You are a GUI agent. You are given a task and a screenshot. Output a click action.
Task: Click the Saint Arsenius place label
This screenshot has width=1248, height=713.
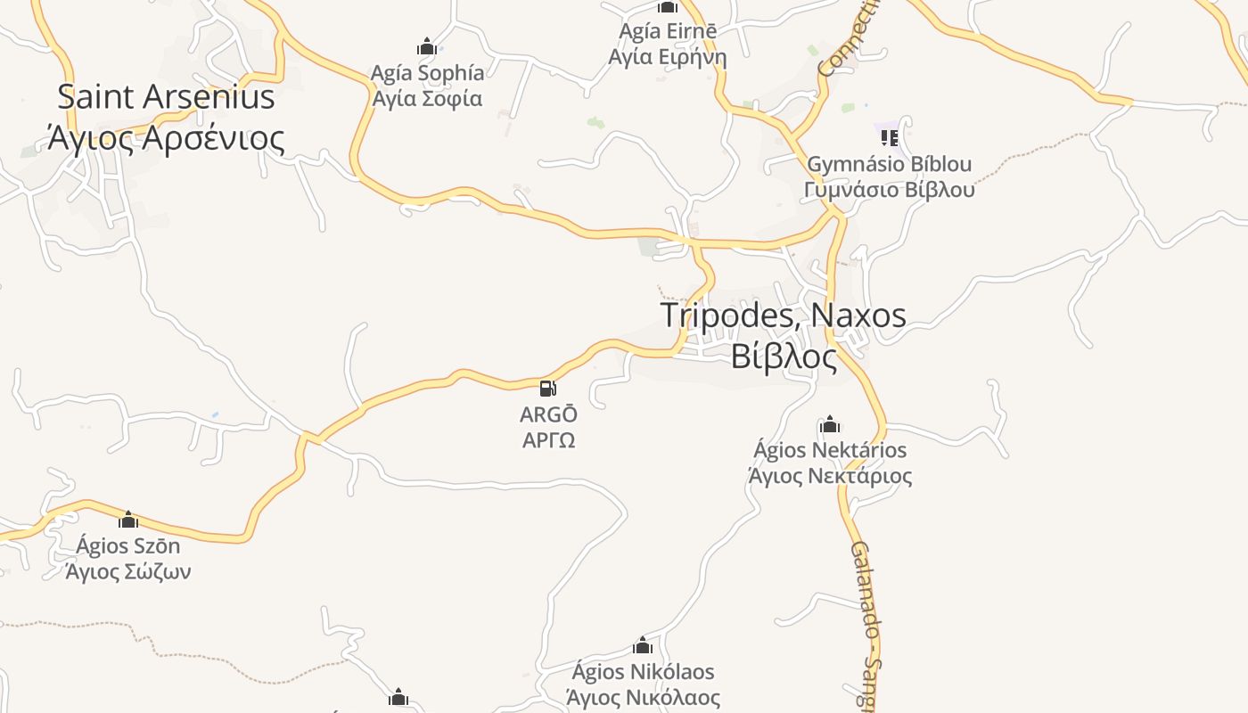coord(166,96)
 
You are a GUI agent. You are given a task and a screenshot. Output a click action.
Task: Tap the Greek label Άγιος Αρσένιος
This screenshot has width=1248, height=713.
coord(166,138)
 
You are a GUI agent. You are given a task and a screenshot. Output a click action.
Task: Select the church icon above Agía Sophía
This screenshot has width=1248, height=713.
coord(427,46)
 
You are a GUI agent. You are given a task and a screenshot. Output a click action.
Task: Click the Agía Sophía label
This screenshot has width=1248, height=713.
coord(428,73)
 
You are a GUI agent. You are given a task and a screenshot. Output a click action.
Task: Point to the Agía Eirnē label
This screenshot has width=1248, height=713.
coord(668,32)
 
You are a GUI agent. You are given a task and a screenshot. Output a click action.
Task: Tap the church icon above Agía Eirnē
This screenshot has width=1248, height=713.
coord(668,7)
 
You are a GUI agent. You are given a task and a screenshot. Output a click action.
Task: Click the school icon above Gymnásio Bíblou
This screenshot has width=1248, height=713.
coord(889,137)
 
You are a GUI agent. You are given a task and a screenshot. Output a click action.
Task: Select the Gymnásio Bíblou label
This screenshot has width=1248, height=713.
coord(889,165)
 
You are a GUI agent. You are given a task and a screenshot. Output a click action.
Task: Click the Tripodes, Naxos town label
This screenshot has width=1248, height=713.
coord(784,316)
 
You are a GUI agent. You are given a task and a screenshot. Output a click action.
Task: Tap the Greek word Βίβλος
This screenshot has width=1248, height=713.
coord(784,356)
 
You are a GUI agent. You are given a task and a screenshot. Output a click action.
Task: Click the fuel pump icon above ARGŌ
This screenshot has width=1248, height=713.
coord(548,388)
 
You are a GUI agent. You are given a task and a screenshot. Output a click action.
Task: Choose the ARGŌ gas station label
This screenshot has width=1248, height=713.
coord(548,414)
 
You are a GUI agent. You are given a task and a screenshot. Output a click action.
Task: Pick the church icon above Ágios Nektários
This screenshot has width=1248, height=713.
coord(830,424)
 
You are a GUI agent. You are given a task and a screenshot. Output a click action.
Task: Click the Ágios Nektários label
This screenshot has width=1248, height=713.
coord(830,450)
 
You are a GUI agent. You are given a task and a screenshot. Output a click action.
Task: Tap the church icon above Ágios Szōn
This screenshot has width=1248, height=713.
coord(128,520)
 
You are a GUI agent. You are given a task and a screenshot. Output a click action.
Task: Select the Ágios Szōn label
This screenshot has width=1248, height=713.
coord(128,545)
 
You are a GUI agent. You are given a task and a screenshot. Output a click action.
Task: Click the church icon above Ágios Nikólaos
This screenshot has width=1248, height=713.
coord(643,645)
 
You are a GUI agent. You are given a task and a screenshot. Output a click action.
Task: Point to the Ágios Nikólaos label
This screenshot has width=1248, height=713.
coord(643,671)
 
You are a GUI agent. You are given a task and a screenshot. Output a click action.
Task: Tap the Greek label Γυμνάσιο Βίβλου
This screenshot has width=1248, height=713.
coord(889,190)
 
